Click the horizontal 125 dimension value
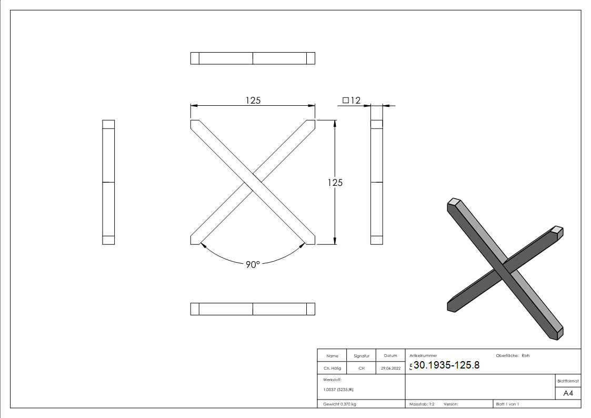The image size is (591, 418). (253, 100)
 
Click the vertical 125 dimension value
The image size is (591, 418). (335, 183)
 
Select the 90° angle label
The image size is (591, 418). (253, 265)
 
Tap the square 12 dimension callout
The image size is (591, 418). (352, 100)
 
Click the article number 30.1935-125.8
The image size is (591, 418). (446, 365)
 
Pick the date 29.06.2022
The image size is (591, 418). (390, 369)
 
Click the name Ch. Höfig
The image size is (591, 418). (332, 369)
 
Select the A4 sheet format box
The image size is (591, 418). (568, 393)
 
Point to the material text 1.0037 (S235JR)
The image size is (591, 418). (338, 390)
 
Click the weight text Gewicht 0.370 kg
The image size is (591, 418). (339, 404)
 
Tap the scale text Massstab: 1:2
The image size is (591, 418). (422, 404)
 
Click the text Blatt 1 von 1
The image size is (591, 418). (507, 404)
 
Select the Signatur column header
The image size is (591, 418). (362, 356)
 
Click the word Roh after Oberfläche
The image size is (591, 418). (525, 355)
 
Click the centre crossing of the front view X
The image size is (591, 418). (253, 182)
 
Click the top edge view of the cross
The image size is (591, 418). (253, 58)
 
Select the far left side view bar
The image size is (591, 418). (108, 182)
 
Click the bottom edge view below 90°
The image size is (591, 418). (253, 309)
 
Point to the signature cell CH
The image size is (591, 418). (362, 369)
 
